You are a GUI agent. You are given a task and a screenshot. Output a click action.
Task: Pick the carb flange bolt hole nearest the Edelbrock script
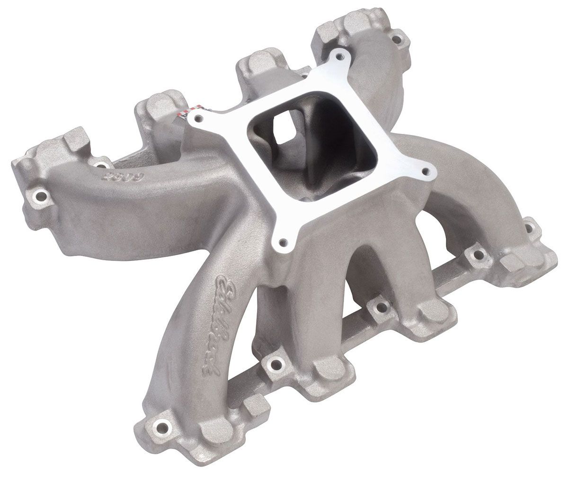283,243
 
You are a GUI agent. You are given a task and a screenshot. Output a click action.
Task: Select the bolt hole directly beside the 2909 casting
100,165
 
